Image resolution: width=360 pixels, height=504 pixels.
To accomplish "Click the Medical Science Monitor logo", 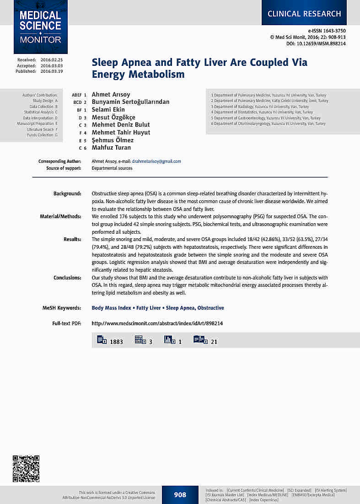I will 40,27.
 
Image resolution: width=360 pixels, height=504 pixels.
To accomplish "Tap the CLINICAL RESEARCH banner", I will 304,14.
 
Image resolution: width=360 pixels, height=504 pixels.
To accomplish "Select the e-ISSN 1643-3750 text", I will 327,31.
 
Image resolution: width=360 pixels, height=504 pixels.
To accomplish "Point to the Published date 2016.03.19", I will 52,71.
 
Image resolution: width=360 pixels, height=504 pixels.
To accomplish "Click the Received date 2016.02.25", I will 52,60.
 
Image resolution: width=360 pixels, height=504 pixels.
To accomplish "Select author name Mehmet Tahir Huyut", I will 121,133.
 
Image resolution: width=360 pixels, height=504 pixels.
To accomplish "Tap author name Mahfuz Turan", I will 111,148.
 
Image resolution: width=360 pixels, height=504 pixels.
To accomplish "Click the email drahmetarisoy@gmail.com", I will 156,161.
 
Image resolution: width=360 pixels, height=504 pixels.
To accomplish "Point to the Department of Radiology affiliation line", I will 260,107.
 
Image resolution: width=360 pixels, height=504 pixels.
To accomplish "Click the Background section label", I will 67,194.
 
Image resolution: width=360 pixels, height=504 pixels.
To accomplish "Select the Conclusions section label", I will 67,278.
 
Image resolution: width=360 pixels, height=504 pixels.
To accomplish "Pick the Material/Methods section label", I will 61,216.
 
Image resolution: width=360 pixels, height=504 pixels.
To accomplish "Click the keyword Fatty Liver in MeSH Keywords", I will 149,308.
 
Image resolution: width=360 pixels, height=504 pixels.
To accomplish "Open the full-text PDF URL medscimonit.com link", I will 157,323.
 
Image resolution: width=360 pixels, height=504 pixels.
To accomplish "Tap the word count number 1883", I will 116,342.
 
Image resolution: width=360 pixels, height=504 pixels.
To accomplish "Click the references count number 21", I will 214,342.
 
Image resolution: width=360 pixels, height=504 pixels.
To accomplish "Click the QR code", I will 26,468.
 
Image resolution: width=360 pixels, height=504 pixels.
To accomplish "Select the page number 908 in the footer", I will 180,495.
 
